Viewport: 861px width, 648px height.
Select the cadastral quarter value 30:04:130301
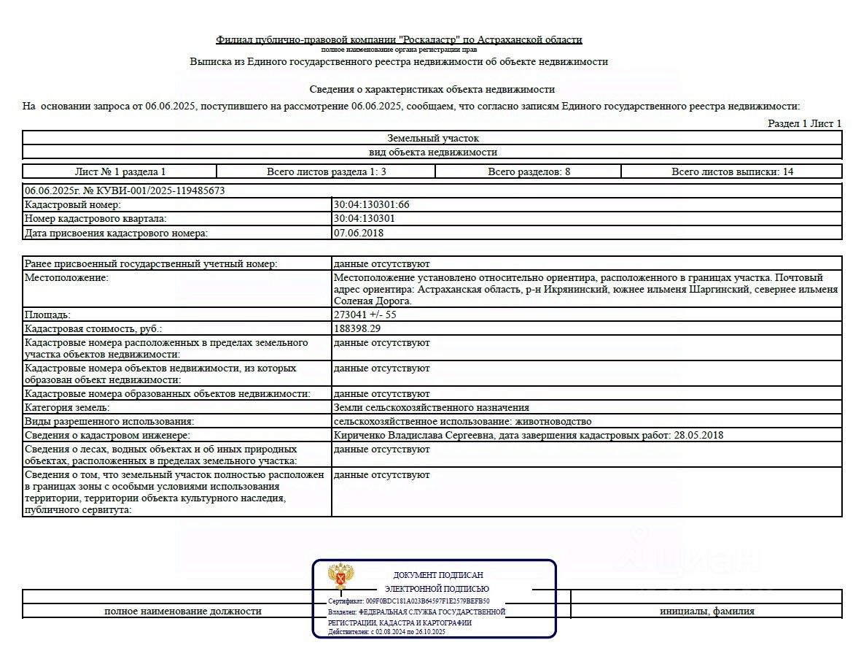click(x=365, y=219)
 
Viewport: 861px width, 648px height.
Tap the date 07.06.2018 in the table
click(x=359, y=233)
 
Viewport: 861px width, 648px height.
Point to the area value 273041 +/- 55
click(x=365, y=315)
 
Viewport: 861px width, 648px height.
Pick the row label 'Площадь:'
click(x=48, y=315)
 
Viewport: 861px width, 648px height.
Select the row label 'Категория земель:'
click(x=67, y=408)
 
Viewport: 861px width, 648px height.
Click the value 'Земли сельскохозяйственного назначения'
click(x=432, y=408)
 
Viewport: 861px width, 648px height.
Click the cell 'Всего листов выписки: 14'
click(x=731, y=171)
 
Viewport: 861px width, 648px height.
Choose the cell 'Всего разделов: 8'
click(x=529, y=171)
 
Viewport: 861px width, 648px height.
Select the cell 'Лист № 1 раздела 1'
click(x=120, y=171)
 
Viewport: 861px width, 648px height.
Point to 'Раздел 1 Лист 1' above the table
click(x=804, y=123)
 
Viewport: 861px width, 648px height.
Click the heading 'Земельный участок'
click(x=432, y=138)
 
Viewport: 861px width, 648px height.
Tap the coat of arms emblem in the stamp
click(x=340, y=576)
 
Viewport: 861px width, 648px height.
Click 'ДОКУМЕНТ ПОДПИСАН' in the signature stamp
click(x=438, y=576)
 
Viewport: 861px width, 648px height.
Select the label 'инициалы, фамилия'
click(x=706, y=612)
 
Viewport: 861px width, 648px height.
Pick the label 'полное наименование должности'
click(x=183, y=612)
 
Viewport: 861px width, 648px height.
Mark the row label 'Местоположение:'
click(x=66, y=278)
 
